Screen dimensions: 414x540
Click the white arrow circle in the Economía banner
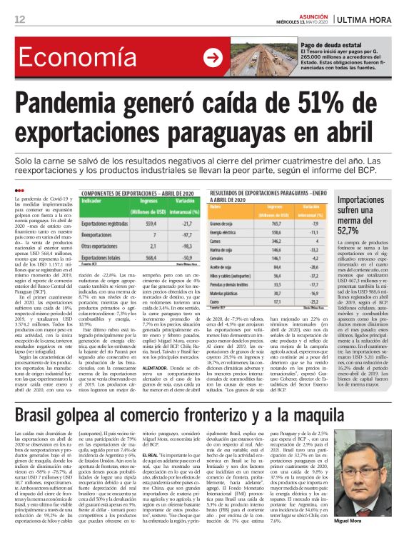tap(212, 56)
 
